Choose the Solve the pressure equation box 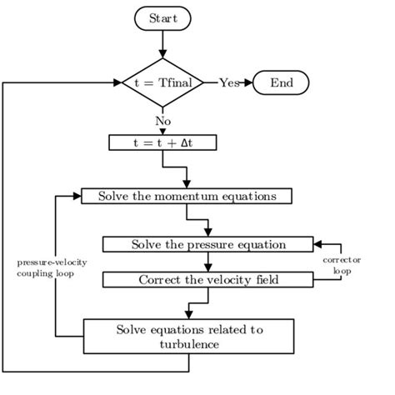pyautogui.click(x=208, y=244)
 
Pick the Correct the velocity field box pyautogui.click(x=208, y=279)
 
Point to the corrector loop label pyautogui.click(x=342, y=265)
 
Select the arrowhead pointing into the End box pyautogui.click(x=247, y=82)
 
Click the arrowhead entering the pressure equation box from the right pyautogui.click(x=319, y=244)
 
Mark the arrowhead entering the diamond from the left pyautogui.click(x=117, y=82)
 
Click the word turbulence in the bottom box pyautogui.click(x=189, y=344)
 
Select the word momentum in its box pyautogui.click(x=186, y=197)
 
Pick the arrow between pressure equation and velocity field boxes pyautogui.click(x=208, y=262)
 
